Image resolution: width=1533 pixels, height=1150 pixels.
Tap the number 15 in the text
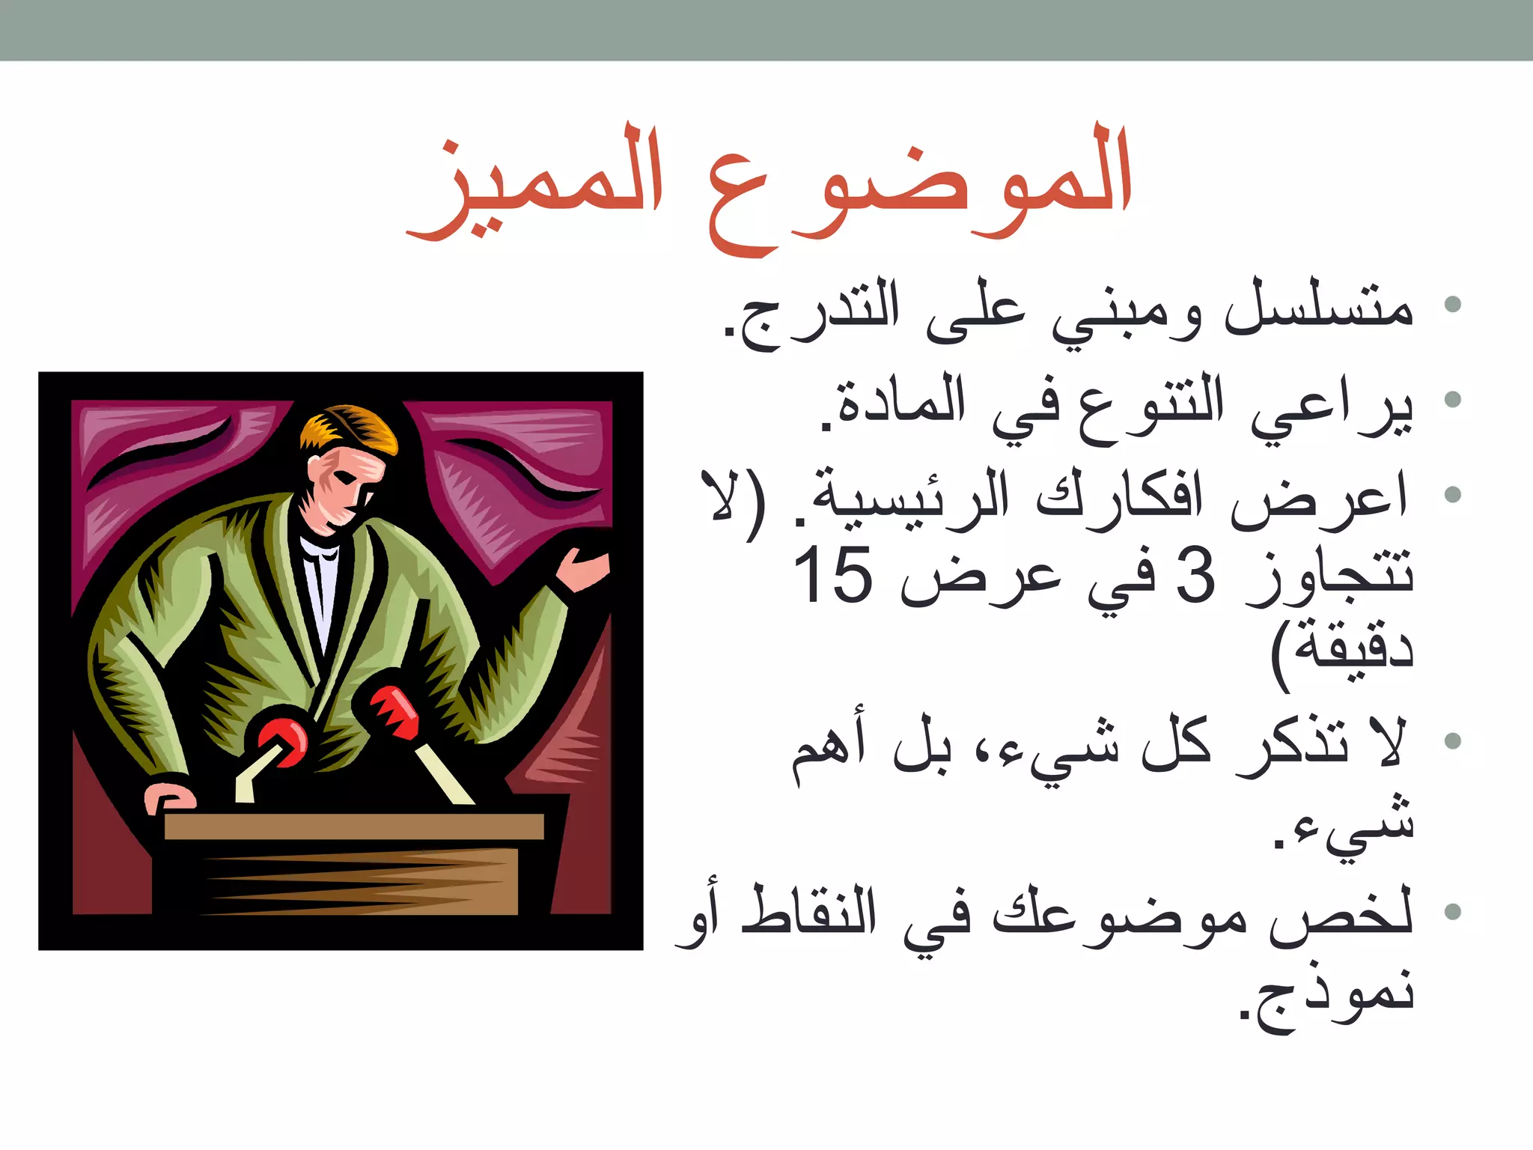click(832, 575)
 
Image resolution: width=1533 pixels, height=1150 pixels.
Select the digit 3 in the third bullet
click(1195, 575)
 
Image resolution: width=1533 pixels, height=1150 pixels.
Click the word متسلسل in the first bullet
click(1317, 307)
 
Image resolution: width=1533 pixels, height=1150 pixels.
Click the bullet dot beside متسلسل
click(1453, 304)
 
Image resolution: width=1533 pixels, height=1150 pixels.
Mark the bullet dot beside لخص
click(1453, 911)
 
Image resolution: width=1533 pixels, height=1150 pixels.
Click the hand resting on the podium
click(171, 797)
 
